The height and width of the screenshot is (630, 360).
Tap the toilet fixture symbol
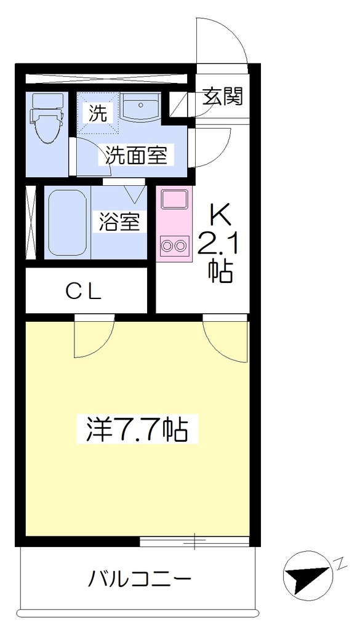(47, 119)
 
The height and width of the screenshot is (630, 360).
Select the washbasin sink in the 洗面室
(141, 107)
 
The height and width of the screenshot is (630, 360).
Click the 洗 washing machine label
(98, 113)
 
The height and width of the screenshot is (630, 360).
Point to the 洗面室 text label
(137, 154)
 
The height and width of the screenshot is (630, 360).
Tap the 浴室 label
(120, 222)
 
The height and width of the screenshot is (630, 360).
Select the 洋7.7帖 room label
(138, 429)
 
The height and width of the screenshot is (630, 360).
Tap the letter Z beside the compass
(340, 561)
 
